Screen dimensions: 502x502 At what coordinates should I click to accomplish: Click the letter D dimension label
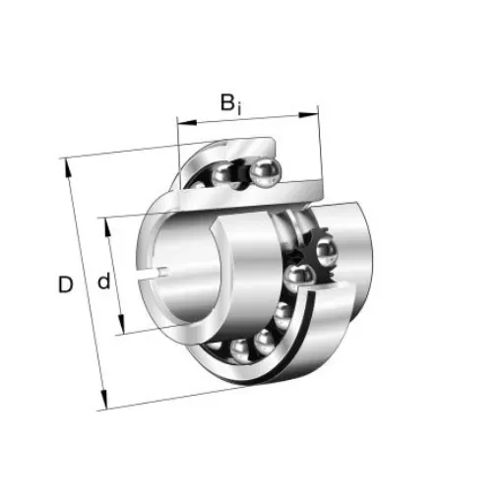pos(65,285)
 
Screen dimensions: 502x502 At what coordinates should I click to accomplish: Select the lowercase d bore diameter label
pos(103,283)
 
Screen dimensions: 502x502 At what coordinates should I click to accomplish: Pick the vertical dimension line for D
pos(85,285)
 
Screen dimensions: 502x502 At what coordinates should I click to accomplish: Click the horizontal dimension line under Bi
pos(248,119)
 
